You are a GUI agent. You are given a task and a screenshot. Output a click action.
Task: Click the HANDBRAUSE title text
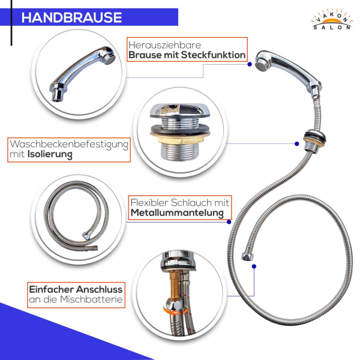tap(71, 17)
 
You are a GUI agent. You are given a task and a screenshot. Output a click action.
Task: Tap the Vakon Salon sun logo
tap(332, 20)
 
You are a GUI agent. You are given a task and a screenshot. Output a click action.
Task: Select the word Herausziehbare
tap(164, 45)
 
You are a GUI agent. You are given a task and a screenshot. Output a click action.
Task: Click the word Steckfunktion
tap(213, 55)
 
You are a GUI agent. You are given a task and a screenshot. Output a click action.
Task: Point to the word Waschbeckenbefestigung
tap(69, 145)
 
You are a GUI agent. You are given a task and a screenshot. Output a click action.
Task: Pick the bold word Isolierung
tap(50, 155)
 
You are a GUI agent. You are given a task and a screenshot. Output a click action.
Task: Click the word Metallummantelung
tap(177, 213)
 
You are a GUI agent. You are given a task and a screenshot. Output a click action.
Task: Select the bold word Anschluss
tap(99, 289)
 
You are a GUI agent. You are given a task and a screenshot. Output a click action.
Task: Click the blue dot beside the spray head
tap(250, 65)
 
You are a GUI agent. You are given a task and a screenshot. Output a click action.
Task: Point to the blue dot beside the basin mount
tap(296, 144)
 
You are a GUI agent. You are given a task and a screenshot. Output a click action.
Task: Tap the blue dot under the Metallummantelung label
tap(229, 222)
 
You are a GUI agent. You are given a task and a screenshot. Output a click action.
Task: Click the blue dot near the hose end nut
tap(254, 266)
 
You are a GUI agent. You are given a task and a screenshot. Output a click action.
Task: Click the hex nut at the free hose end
tap(247, 257)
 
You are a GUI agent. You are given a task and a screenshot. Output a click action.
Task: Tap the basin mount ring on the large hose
tap(314, 137)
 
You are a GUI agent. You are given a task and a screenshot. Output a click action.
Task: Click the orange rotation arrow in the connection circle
tap(176, 311)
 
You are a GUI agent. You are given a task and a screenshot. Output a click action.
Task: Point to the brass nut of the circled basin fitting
tap(180, 139)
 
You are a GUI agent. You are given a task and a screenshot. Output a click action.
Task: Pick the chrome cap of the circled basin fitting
tap(180, 110)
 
